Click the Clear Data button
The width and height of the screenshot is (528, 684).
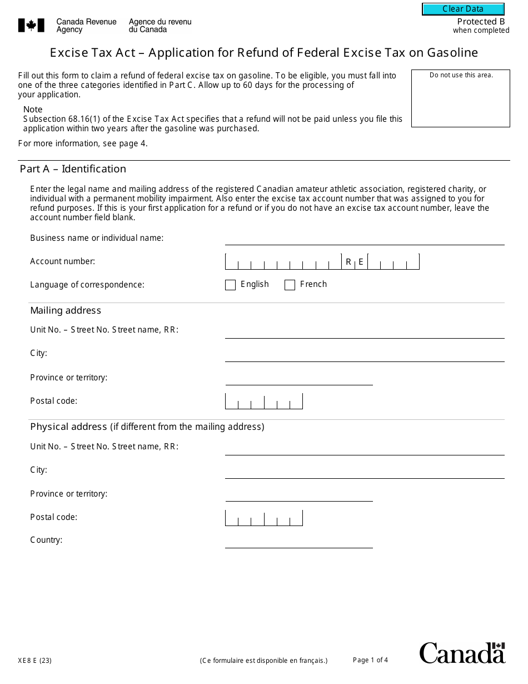(463, 9)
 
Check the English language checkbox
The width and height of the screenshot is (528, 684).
(230, 285)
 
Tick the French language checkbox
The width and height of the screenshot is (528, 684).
(290, 285)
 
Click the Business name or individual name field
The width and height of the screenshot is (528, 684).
(364, 239)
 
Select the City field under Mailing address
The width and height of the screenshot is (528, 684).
(364, 355)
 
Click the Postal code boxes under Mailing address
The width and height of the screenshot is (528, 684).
(263, 402)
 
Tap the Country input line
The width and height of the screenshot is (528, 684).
(298, 541)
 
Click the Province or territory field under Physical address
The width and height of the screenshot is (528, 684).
(298, 494)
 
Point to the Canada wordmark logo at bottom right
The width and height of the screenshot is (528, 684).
(462, 653)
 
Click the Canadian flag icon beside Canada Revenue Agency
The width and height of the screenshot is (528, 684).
(31, 25)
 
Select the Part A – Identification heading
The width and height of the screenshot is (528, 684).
(73, 169)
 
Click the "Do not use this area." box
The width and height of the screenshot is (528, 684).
(461, 98)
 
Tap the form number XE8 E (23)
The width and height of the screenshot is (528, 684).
(34, 661)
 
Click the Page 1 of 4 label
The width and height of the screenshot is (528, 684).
(370, 660)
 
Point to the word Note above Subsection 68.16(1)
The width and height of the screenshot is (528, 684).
(33, 110)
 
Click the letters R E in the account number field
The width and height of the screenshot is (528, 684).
(355, 262)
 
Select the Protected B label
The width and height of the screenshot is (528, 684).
(481, 22)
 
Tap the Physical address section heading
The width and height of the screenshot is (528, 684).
(68, 427)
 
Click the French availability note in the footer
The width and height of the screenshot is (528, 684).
(263, 661)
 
